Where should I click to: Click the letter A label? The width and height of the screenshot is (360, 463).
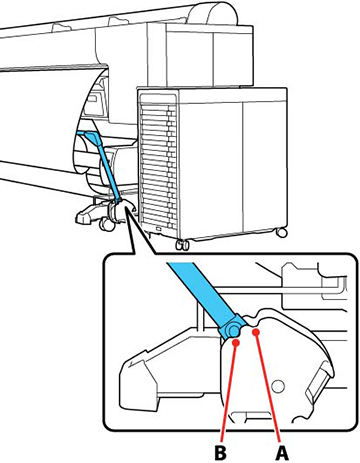tap(282, 453)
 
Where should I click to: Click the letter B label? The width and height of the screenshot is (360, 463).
tap(220, 453)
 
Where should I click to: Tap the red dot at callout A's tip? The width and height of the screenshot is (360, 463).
tap(256, 332)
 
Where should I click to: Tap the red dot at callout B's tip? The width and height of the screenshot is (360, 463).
tap(236, 342)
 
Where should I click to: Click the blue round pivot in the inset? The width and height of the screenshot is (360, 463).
tap(233, 330)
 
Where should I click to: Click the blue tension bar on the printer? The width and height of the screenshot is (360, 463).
tap(102, 164)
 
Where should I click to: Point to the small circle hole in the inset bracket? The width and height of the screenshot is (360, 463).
tap(278, 386)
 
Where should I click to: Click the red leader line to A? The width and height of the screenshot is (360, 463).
tap(269, 388)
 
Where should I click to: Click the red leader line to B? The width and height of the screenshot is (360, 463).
tap(229, 393)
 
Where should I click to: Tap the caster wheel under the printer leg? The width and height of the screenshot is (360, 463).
tap(107, 225)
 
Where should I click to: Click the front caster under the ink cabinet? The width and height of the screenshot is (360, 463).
tap(183, 245)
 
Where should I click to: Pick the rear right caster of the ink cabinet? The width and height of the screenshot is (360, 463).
tap(282, 232)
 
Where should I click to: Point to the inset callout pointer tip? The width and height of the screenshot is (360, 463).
tap(126, 207)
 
